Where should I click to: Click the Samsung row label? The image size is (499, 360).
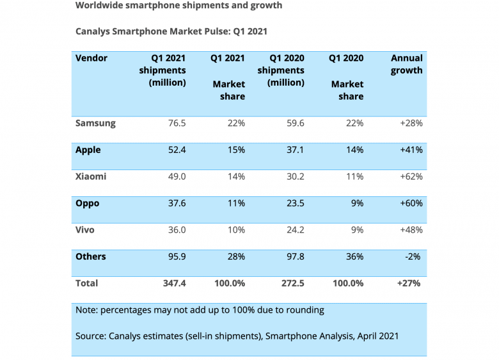[95, 123]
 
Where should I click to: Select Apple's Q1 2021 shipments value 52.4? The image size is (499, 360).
[175, 150]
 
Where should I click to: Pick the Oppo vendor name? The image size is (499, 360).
[88, 203]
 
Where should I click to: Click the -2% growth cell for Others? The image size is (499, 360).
[413, 256]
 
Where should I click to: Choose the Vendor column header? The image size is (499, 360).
[91, 58]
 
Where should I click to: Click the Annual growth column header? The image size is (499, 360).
[406, 64]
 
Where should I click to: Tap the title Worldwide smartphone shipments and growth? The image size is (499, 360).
[178, 6]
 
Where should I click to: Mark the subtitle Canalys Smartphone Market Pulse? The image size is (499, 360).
[171, 31]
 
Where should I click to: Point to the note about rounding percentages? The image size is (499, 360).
[200, 310]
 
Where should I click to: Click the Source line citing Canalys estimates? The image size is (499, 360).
[237, 336]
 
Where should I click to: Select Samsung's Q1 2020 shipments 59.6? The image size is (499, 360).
[294, 123]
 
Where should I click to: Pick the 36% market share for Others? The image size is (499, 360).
[354, 256]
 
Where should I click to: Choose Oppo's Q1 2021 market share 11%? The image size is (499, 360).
[235, 203]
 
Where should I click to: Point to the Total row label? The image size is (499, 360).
[87, 283]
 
